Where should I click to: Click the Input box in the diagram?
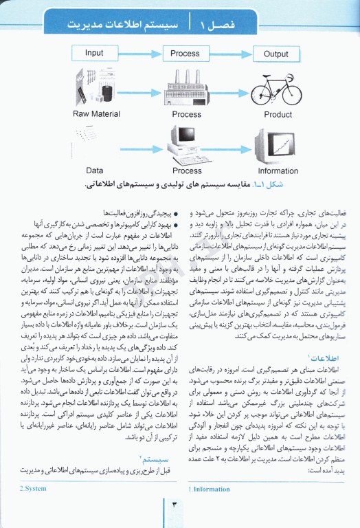coord(94,53)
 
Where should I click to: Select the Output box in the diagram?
coord(275,54)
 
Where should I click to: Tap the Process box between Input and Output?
coord(185,53)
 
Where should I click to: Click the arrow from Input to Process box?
coord(139,53)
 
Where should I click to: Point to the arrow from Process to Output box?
coord(231,53)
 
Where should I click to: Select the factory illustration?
coord(186,87)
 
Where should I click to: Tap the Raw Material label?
coord(96,114)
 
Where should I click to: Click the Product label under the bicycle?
coord(278,115)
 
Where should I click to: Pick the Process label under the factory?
coord(187,115)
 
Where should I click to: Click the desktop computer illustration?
coord(185,143)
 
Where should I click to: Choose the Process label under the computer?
coord(187,170)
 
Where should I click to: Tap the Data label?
coord(95,170)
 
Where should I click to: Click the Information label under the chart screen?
coord(278,170)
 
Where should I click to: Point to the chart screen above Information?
coord(277,143)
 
